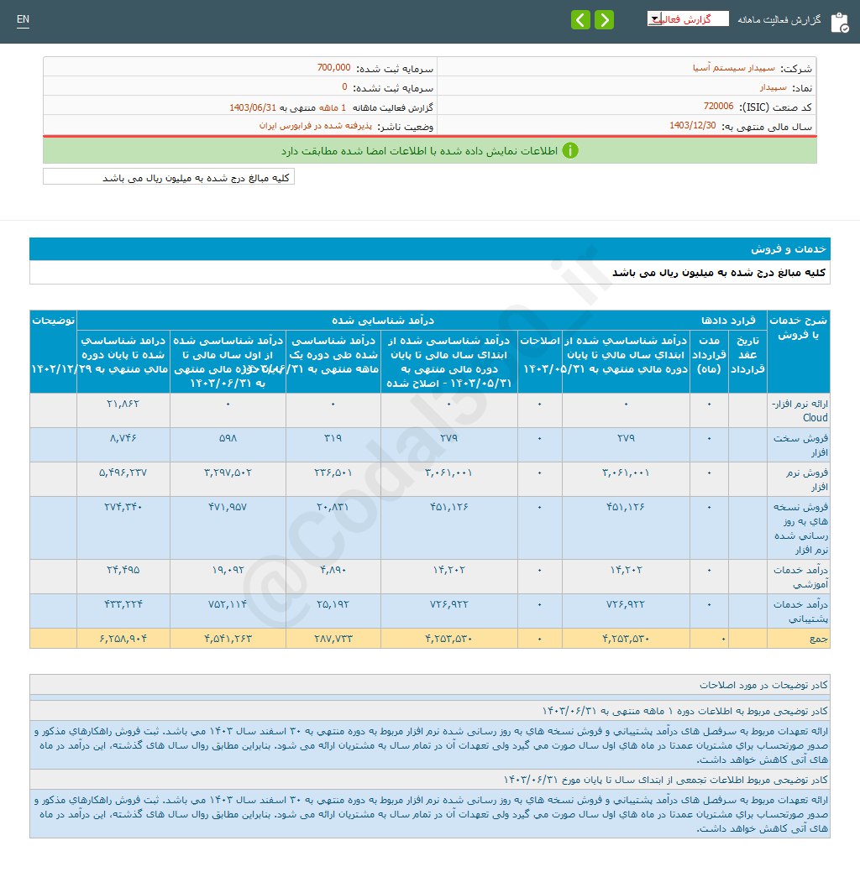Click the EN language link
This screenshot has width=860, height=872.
tap(23, 19)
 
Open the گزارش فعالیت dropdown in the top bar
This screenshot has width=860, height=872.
tap(688, 19)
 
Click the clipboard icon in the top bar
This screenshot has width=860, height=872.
tap(839, 22)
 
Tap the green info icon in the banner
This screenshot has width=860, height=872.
tap(570, 150)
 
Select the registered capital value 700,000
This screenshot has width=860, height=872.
tap(334, 67)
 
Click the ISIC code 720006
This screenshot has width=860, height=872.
tap(718, 107)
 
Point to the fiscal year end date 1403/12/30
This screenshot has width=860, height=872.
tap(693, 125)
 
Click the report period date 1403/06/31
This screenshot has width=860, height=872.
tap(253, 107)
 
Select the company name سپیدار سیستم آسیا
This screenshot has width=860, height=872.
tap(739, 67)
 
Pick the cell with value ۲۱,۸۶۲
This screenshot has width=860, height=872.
tap(123, 404)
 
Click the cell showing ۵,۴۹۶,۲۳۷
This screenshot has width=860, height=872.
tap(123, 472)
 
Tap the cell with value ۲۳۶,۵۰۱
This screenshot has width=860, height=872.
tap(333, 472)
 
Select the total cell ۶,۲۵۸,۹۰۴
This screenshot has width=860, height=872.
tap(123, 639)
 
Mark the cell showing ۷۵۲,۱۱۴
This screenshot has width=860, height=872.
tap(228, 603)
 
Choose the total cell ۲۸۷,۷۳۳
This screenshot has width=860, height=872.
tap(333, 639)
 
